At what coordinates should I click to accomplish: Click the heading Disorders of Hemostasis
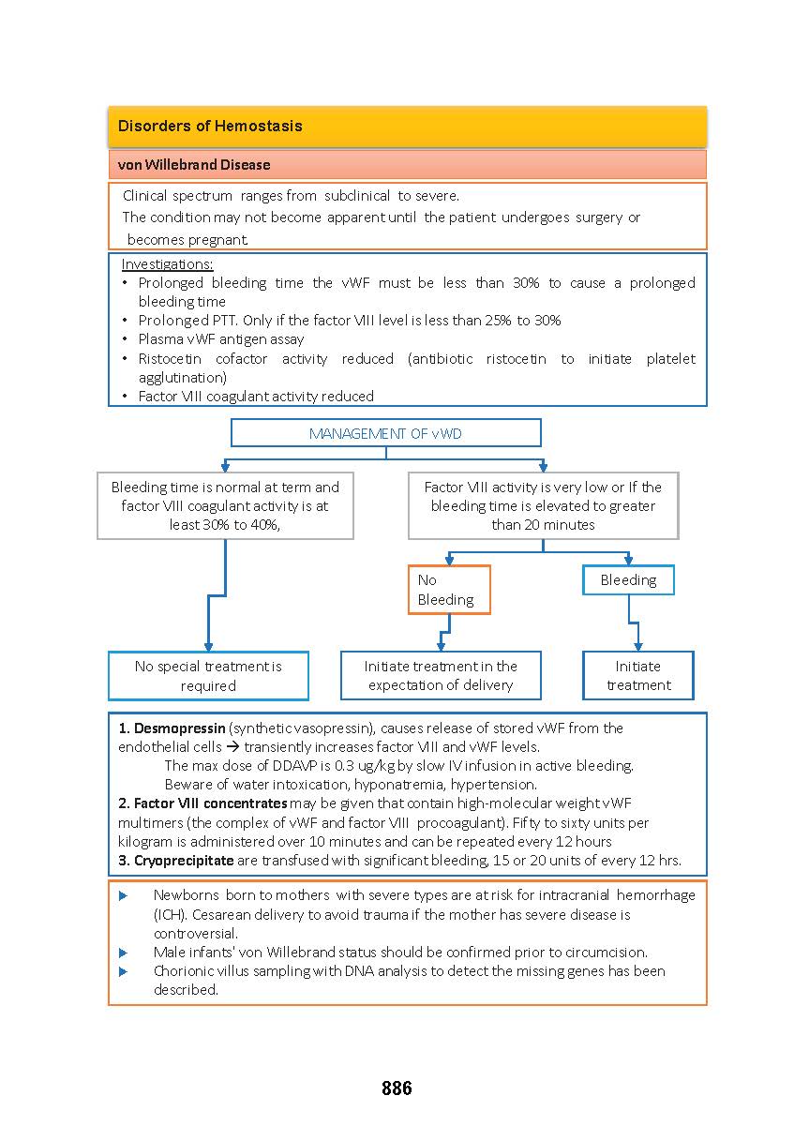pos(210,126)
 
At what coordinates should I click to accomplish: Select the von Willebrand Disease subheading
pos(194,165)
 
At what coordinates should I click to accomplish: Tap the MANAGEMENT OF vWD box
pos(385,433)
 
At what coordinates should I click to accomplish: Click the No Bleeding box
pos(448,590)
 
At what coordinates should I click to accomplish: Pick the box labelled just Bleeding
pos(628,580)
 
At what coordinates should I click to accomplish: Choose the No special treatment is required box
pos(208,676)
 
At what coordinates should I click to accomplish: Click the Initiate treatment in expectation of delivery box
pos(441,676)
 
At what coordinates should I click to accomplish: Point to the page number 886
pos(397,1088)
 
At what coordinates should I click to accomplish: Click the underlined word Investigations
pos(167,264)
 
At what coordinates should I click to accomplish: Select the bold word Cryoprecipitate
pos(183,861)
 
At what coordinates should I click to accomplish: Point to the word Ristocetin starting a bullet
pos(169,359)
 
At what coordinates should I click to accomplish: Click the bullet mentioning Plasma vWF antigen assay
pos(220,339)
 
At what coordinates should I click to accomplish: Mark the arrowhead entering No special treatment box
pos(208,647)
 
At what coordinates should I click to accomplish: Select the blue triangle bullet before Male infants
pos(124,953)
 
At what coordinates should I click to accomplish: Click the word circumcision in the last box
pos(607,953)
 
